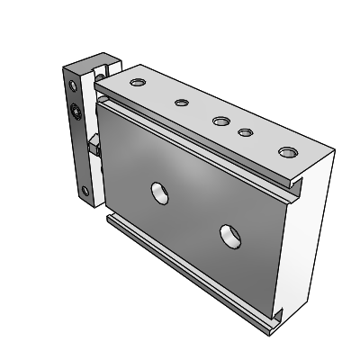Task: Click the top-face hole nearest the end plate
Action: click(x=137, y=83)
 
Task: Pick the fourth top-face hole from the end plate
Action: click(x=244, y=132)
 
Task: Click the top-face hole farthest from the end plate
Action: click(x=286, y=151)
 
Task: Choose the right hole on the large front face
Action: click(x=230, y=235)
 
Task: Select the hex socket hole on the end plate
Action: click(x=76, y=112)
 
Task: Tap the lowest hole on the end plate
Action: click(x=85, y=190)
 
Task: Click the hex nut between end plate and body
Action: click(x=92, y=145)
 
